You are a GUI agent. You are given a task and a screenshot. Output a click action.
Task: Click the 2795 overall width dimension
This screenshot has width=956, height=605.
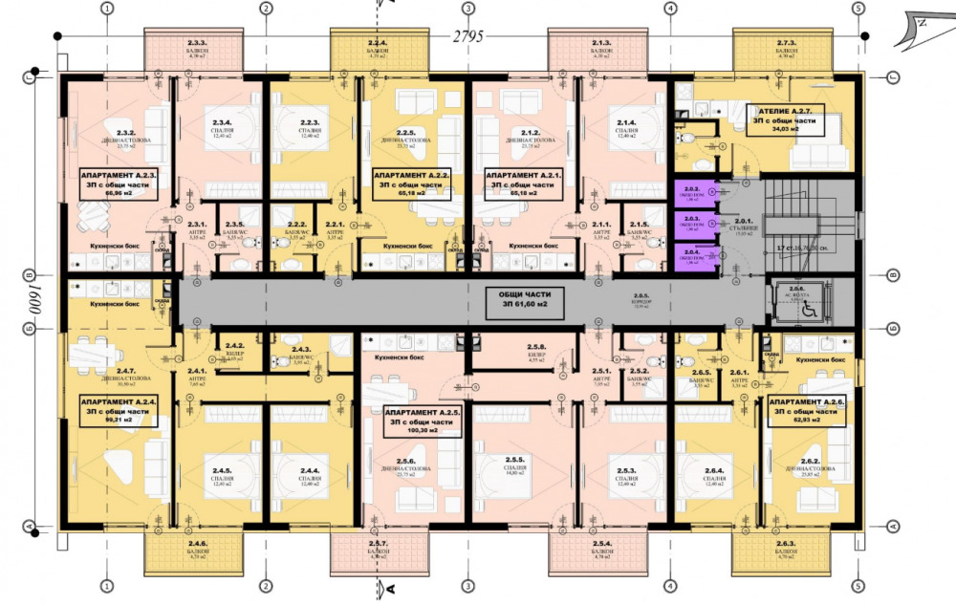coord(468,37)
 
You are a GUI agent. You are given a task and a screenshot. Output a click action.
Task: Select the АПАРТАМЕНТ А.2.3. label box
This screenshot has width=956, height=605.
coord(119,182)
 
